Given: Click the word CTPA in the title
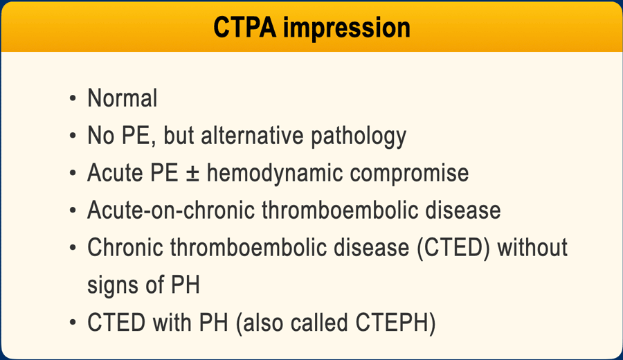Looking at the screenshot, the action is (x=245, y=27).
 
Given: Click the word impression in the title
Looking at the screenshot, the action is (x=347, y=28).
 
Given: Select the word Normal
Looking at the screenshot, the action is (x=123, y=98).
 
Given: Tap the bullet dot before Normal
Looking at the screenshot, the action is (x=72, y=98).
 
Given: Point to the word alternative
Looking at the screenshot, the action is (x=253, y=135).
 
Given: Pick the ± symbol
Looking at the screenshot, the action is (x=192, y=174).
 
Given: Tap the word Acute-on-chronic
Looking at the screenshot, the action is (x=171, y=210).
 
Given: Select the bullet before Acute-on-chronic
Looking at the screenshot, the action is (x=72, y=210).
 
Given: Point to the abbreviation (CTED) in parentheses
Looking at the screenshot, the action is (x=453, y=248).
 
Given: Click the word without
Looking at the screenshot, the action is (x=532, y=247).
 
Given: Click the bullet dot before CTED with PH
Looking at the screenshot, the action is (x=72, y=322).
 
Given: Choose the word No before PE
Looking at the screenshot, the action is (x=101, y=135).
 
